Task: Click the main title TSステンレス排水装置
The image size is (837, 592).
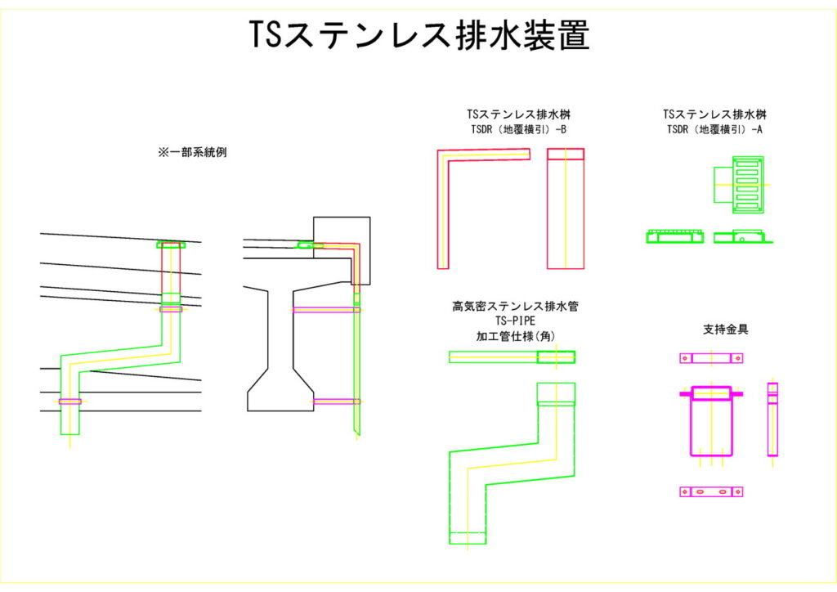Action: (418, 35)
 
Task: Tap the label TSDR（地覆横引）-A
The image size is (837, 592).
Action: (714, 129)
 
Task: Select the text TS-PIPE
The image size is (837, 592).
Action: (512, 321)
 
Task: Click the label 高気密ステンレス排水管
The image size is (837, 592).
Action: (512, 307)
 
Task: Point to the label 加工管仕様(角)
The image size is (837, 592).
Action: (512, 335)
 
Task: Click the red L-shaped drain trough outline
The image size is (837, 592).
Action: (443, 204)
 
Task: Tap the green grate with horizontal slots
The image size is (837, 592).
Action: (747, 184)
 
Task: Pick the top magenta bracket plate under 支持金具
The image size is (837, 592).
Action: (711, 358)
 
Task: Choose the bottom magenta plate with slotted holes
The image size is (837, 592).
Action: (711, 491)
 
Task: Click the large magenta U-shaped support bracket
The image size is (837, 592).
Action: (711, 421)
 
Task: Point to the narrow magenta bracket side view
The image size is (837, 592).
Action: (772, 419)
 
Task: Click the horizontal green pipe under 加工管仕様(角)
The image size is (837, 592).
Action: (512, 357)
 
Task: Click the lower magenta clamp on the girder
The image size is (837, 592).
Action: (337, 401)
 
